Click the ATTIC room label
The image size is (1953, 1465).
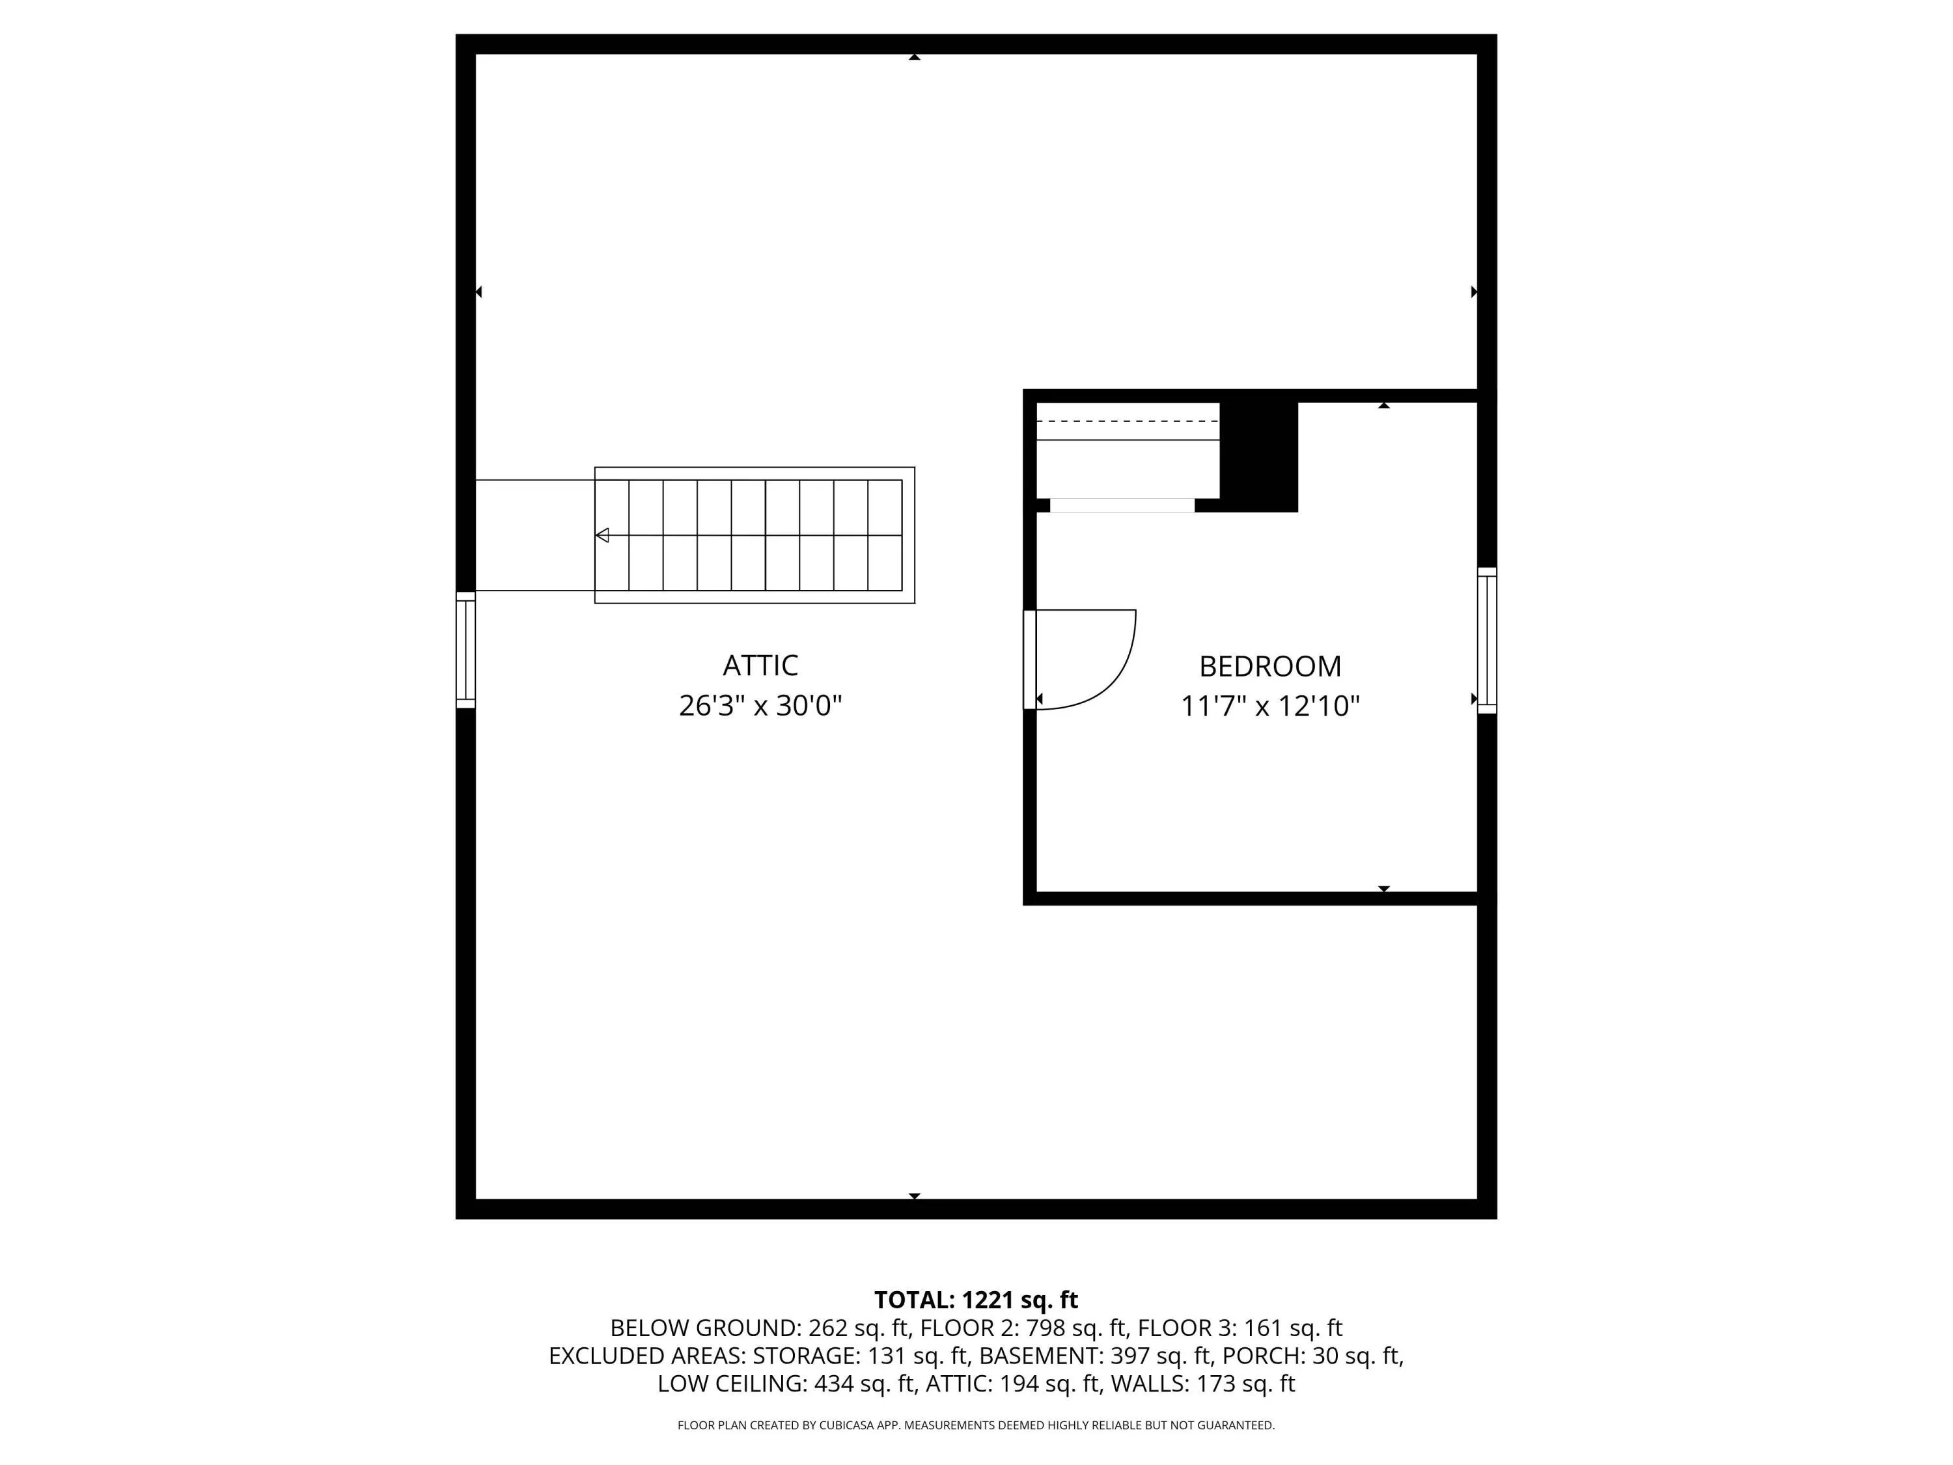760,665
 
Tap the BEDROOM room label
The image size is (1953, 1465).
1269,666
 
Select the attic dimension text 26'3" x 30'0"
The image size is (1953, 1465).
760,706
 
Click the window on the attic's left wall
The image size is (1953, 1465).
465,650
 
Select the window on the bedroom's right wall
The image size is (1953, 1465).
1487,640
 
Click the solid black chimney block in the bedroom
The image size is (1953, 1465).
1258,456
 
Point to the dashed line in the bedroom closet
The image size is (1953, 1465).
1128,421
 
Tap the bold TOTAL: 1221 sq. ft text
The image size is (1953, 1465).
976,1300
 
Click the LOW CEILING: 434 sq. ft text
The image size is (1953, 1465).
786,1384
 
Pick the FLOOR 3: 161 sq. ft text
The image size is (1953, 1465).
1240,1328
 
